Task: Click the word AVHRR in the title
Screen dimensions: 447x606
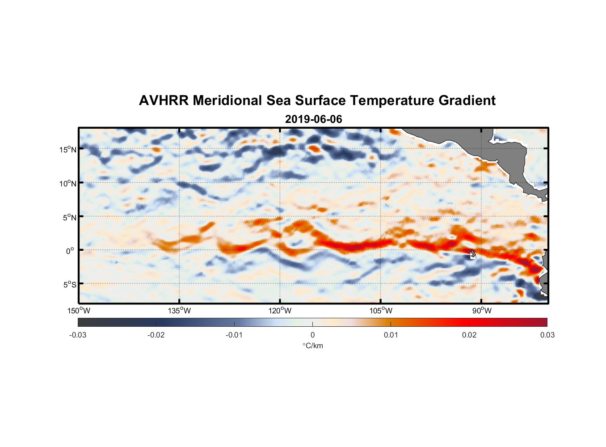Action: tap(164, 101)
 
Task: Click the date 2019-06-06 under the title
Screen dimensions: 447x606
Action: tap(313, 119)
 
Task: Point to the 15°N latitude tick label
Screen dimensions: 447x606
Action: tap(68, 149)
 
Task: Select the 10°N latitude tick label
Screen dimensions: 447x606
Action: tap(68, 183)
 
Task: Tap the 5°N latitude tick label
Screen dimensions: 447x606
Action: tap(69, 217)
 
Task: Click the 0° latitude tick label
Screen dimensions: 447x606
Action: tap(71, 251)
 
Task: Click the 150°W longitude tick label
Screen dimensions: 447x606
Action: tap(79, 311)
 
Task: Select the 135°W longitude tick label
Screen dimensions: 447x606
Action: tap(179, 311)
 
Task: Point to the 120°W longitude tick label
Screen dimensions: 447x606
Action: tap(280, 311)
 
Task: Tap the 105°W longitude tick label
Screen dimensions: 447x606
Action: tap(381, 311)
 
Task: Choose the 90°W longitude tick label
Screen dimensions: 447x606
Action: tap(482, 311)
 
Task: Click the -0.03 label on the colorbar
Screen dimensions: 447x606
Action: tap(78, 335)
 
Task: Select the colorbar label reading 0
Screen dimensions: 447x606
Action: tap(312, 335)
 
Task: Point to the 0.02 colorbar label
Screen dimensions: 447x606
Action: tap(469, 335)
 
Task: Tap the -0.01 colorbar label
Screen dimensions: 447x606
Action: tap(234, 335)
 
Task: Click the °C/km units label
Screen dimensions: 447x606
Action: tap(312, 346)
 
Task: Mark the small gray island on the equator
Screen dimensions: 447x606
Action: tap(473, 254)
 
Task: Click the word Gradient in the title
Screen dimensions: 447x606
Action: tap(467, 101)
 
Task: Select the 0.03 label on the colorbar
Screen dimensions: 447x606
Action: tap(547, 335)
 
